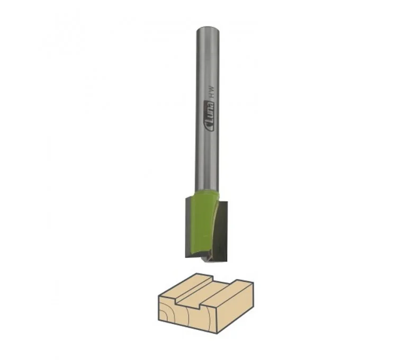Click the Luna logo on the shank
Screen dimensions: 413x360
click(x=210, y=115)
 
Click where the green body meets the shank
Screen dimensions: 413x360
click(x=206, y=192)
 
